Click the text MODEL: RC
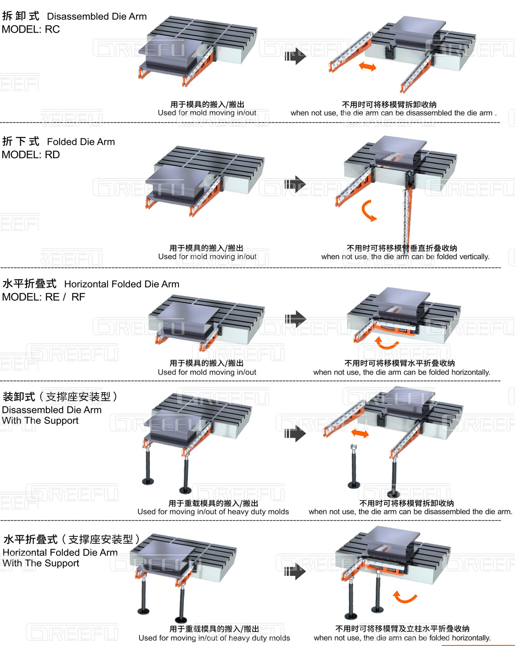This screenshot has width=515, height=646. point(31,30)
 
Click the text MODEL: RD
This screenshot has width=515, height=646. point(31,155)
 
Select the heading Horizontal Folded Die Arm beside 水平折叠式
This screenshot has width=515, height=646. point(121,284)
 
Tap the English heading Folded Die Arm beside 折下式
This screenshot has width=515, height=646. point(81,142)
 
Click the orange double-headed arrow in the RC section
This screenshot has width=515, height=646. point(368,67)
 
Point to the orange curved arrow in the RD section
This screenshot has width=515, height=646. point(368,210)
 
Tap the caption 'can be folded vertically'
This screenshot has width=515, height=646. point(405,257)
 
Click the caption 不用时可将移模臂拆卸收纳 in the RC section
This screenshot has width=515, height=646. point(389,104)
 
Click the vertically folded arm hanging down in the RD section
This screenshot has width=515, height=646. point(406,215)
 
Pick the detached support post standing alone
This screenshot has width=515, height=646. point(354,466)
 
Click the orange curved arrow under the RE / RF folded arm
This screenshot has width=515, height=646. point(386,343)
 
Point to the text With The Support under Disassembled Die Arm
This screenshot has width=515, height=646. point(40,421)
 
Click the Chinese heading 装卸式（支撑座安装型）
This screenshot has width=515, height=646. point(60,397)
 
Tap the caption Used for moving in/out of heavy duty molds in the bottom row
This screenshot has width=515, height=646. point(214,638)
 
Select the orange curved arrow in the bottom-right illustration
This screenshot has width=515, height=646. point(405,597)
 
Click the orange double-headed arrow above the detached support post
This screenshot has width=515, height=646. point(360,433)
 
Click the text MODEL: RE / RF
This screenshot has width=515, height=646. point(43,297)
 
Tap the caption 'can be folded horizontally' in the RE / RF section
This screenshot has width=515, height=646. point(402,372)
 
